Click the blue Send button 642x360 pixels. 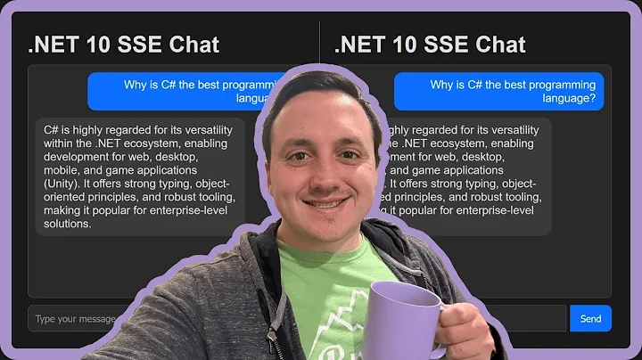(x=590, y=318)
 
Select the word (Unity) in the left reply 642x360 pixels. (x=63, y=183)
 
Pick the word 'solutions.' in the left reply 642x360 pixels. (x=68, y=224)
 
